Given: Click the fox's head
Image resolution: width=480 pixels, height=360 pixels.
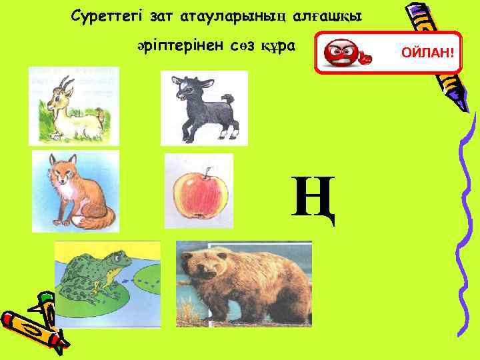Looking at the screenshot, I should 63,170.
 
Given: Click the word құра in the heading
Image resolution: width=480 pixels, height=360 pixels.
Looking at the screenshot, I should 279,46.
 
